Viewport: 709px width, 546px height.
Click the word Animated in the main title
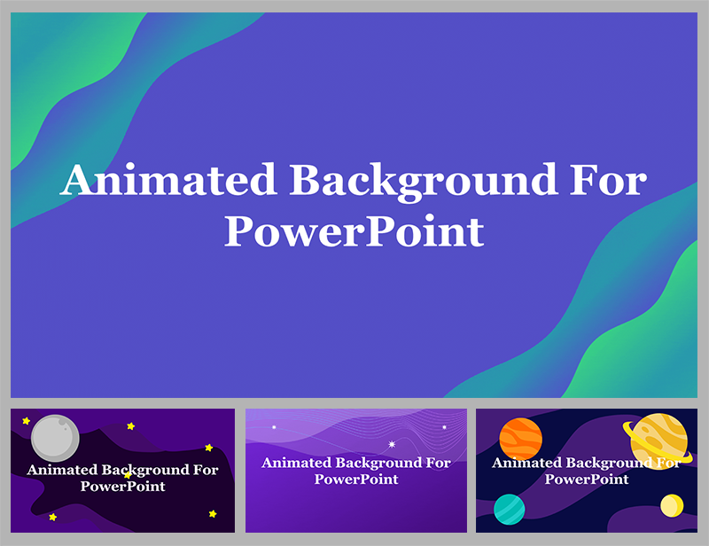click(x=168, y=182)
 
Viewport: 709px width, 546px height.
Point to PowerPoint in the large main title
click(x=354, y=232)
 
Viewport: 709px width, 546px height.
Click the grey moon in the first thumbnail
click(x=55, y=438)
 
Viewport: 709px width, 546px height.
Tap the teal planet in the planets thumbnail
click(x=509, y=509)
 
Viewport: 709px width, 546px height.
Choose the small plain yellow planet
click(x=672, y=505)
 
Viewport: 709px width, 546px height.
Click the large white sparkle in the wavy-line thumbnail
click(x=392, y=444)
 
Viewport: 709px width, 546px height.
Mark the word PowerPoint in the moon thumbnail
click(x=122, y=487)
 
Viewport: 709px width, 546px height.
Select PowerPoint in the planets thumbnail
click(x=586, y=479)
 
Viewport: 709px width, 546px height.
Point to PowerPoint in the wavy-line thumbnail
click(x=356, y=479)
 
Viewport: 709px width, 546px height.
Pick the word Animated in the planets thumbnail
click(x=526, y=463)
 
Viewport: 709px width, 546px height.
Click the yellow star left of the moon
click(x=26, y=421)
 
